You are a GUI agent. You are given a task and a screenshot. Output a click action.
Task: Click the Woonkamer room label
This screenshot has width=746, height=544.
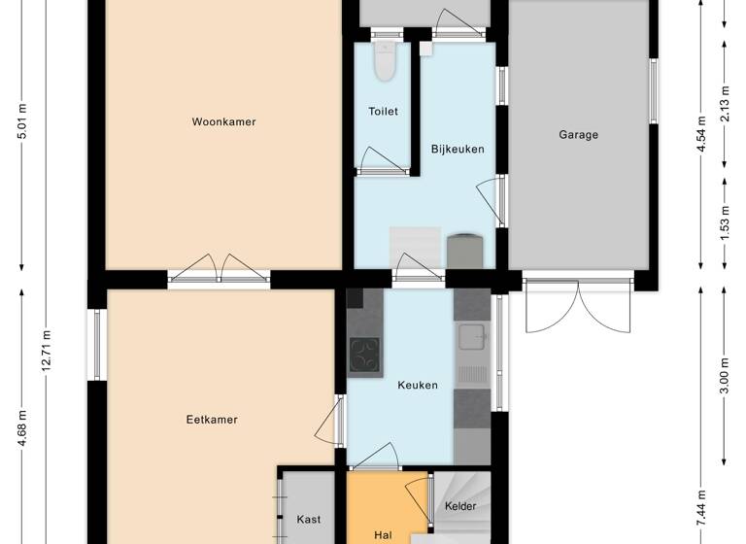pyautogui.click(x=223, y=122)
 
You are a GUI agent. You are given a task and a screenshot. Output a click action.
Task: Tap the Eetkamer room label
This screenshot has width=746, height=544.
pyautogui.click(x=212, y=420)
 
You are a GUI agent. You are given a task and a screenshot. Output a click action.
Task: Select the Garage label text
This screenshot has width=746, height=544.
pyautogui.click(x=578, y=135)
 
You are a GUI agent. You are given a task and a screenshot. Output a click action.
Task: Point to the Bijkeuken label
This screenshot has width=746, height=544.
pyautogui.click(x=458, y=149)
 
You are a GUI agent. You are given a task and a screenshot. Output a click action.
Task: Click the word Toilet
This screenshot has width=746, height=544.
pyautogui.click(x=383, y=112)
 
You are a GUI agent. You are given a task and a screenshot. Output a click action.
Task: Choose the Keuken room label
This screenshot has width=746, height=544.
pyautogui.click(x=418, y=385)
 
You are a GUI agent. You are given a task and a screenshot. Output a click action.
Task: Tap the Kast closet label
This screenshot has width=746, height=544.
pyautogui.click(x=309, y=520)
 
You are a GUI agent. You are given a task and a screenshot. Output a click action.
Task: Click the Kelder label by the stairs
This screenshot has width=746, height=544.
pyautogui.click(x=460, y=507)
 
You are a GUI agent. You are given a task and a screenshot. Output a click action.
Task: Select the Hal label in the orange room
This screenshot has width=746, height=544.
pyautogui.click(x=383, y=534)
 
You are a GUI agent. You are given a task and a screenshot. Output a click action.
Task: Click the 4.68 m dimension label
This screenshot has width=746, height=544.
pyautogui.click(x=21, y=428)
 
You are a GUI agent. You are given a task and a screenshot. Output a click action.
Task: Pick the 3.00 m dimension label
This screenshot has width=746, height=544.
pyautogui.click(x=725, y=375)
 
